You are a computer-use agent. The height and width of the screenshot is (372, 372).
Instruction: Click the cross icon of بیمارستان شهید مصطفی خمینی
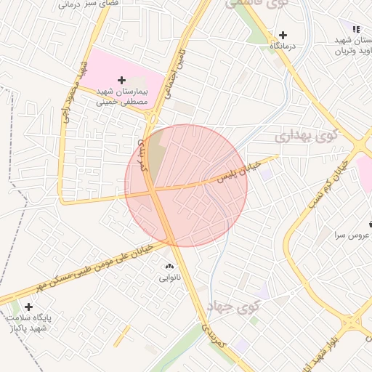coord(121,79)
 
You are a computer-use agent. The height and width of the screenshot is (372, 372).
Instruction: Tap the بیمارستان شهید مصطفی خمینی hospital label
coord(123,98)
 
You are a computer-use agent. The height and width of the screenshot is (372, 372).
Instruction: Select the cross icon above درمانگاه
coord(283,35)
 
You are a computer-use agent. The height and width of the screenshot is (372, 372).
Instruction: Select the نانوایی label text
coord(171,278)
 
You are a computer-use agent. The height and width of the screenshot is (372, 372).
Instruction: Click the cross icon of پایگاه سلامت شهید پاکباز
coord(28,307)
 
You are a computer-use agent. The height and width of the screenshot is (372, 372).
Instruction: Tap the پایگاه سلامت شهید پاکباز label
coord(30,323)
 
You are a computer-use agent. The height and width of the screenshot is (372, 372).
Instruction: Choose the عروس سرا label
coord(352,235)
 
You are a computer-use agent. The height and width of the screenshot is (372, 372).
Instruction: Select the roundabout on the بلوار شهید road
coord(357,323)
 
